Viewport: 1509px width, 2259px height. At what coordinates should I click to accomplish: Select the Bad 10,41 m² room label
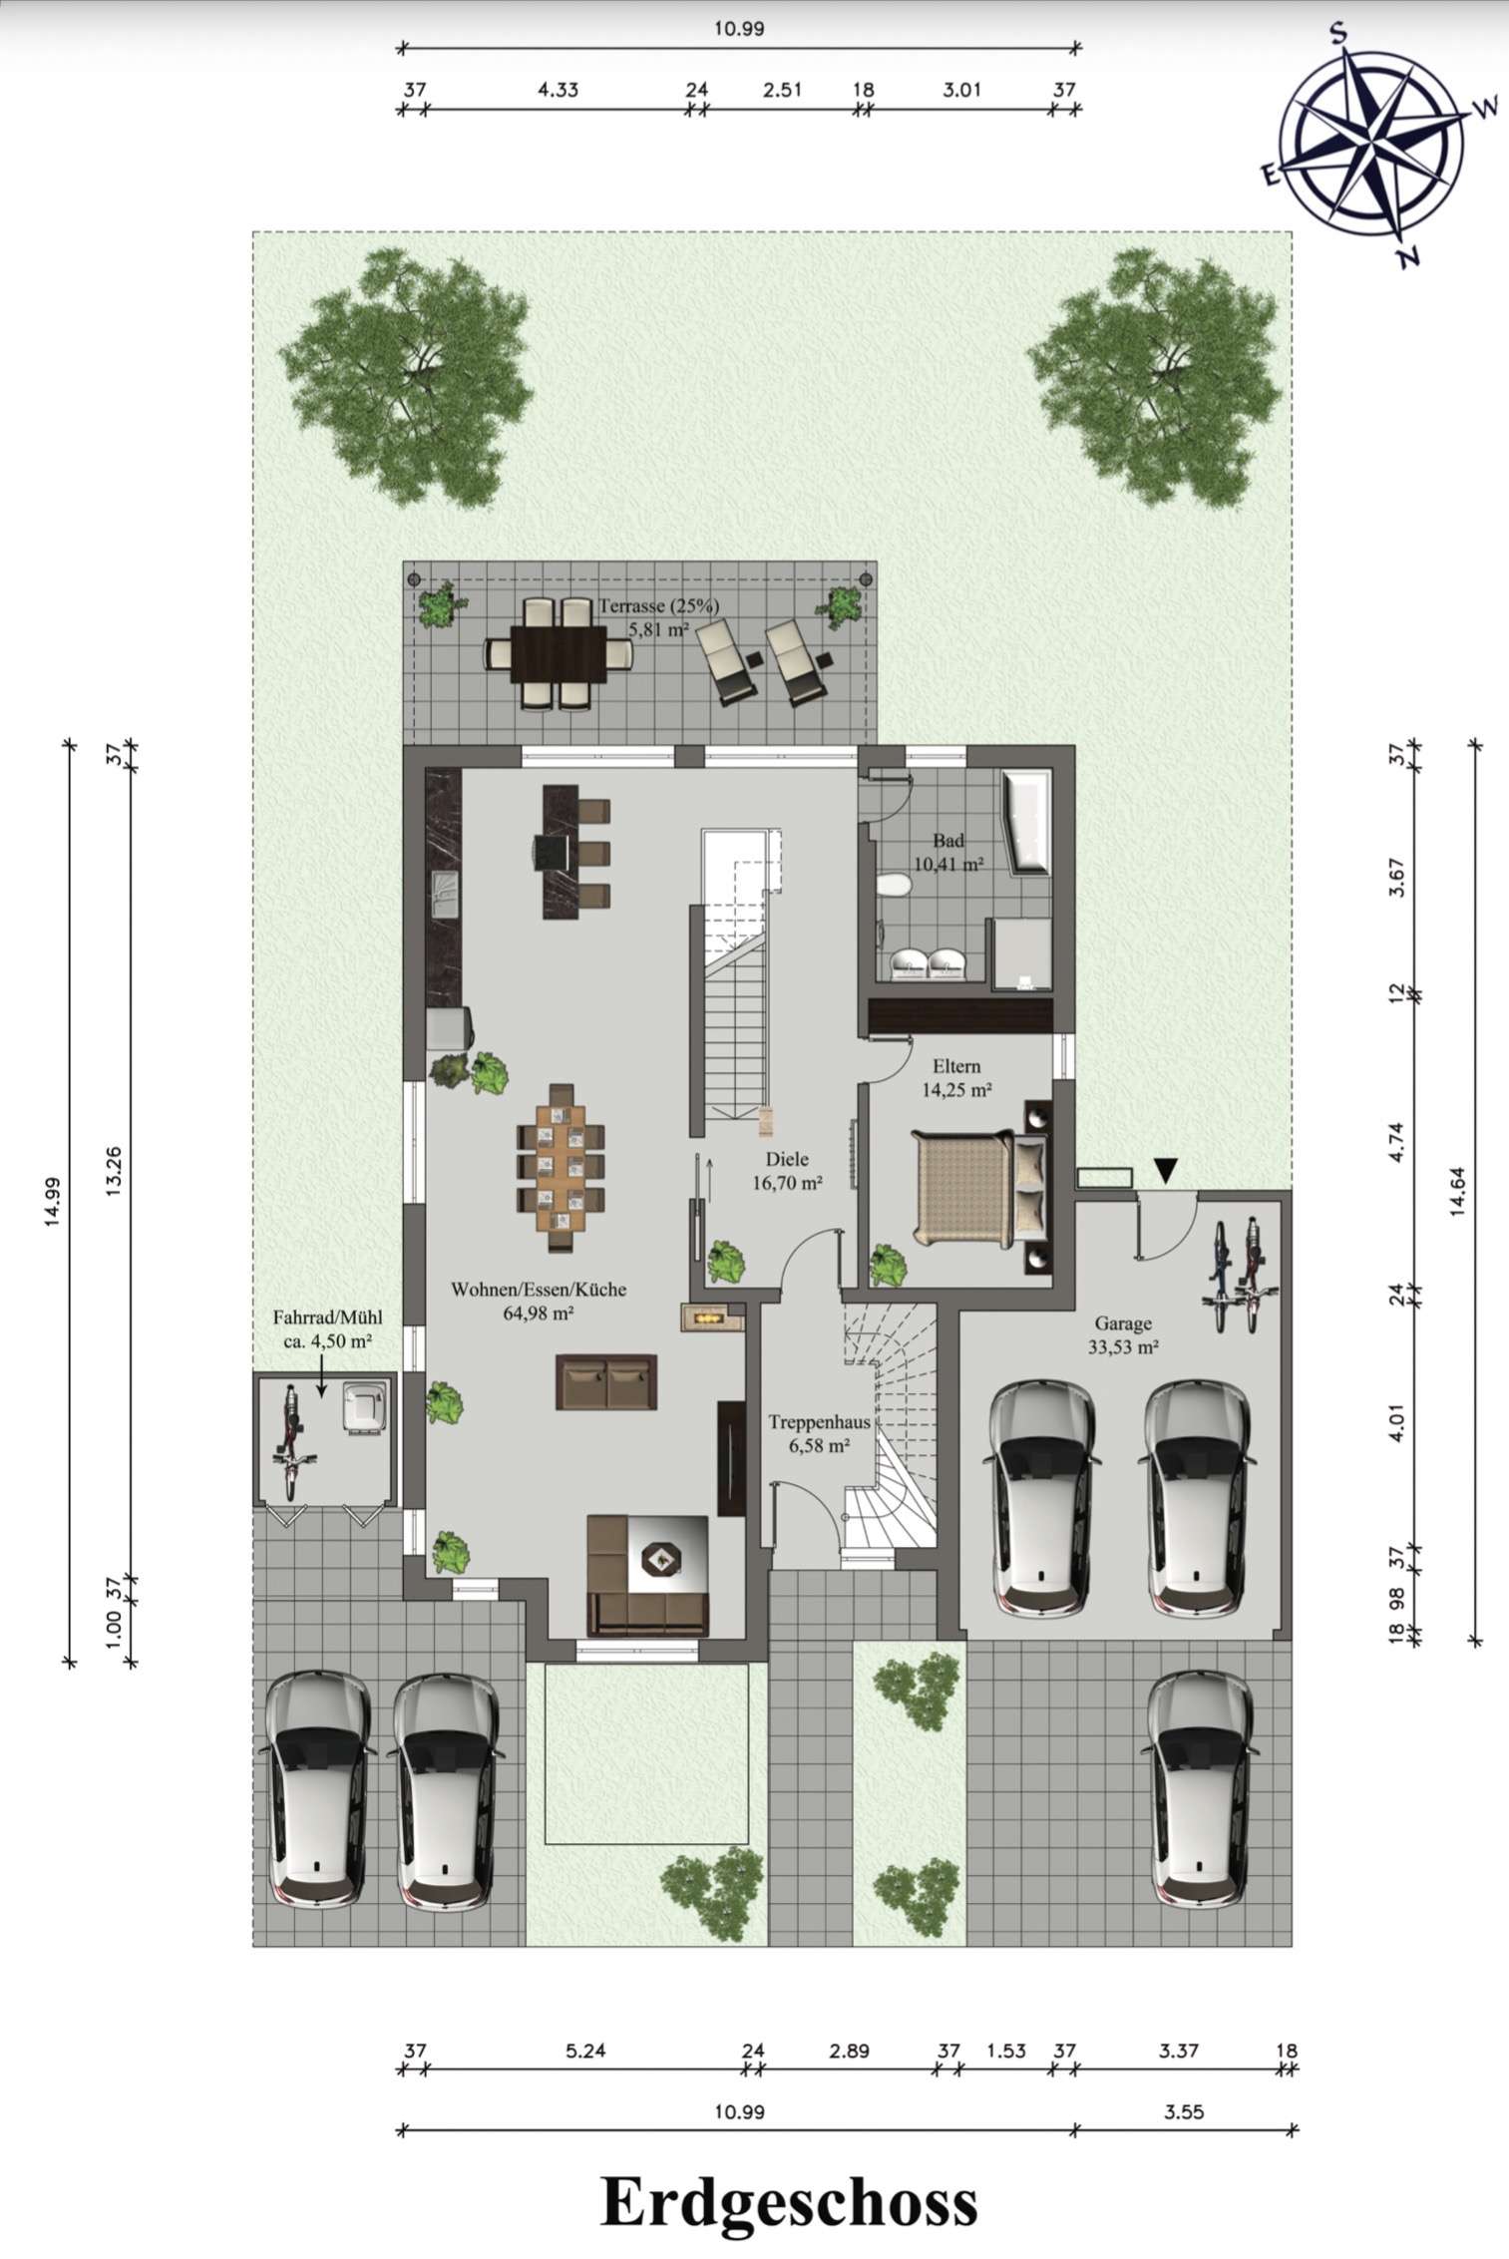click(947, 853)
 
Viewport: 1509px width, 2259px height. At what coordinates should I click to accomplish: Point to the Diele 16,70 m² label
click(787, 1172)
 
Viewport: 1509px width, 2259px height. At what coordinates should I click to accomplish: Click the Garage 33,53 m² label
click(1123, 1335)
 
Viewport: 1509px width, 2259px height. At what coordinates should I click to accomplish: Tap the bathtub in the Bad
click(1027, 823)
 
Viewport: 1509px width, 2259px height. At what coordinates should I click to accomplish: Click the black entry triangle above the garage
click(1165, 1168)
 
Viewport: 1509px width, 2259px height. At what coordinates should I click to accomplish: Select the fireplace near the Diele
click(712, 1318)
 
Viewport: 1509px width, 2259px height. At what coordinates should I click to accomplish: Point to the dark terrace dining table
click(559, 653)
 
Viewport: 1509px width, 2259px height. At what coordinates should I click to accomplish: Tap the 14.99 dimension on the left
click(53, 1205)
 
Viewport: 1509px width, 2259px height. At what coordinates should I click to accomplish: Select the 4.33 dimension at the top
click(559, 89)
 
